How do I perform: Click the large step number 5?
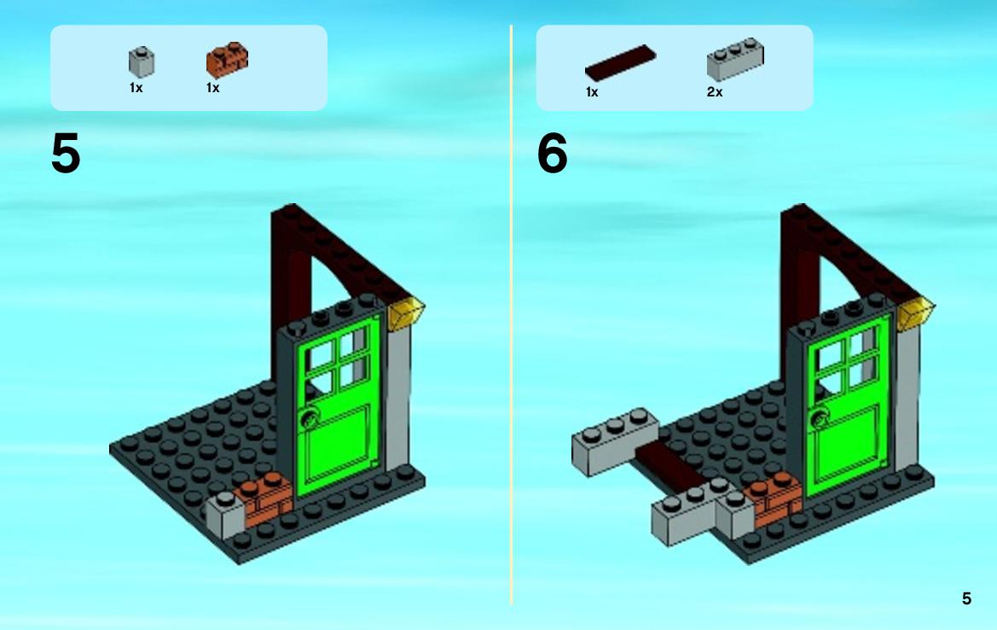66,154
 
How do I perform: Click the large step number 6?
552,154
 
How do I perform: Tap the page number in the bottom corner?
966,598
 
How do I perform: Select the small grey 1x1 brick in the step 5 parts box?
142,61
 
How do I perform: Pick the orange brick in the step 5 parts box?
227,60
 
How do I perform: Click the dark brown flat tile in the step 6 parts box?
620,62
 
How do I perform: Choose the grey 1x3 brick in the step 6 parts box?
735,59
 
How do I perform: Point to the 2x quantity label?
715,92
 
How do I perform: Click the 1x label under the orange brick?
212,88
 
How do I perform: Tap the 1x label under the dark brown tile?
592,92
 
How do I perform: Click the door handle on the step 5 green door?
311,418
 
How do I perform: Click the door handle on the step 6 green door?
820,418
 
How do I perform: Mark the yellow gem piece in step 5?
406,313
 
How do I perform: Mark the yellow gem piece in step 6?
916,313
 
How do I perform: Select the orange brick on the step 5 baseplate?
265,499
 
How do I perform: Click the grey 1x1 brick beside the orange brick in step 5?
225,515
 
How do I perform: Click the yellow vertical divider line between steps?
511,315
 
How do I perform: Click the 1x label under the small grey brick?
136,88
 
